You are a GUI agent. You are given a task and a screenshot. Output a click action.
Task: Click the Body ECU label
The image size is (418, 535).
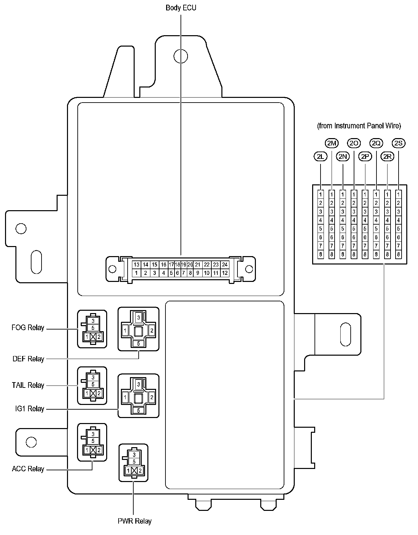pos(181,8)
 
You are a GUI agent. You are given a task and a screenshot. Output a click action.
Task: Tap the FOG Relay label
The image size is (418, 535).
pos(28,328)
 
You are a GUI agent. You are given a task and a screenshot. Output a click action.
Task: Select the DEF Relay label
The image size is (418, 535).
pos(28,359)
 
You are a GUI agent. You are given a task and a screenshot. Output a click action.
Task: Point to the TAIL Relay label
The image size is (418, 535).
pos(28,385)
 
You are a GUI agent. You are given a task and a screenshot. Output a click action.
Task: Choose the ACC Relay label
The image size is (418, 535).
pos(28,469)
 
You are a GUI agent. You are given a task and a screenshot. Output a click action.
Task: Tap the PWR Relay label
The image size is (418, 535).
pos(135,521)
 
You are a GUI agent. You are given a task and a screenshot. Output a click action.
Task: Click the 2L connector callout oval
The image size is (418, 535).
pos(321,157)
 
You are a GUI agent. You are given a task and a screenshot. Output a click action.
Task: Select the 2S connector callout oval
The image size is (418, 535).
pos(399,143)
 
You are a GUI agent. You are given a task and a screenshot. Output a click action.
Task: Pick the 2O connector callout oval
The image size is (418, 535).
pos(354,143)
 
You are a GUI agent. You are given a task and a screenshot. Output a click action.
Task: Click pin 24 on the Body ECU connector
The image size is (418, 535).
pos(224,265)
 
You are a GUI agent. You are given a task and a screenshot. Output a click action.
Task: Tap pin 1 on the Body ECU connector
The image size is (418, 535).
pos(136,273)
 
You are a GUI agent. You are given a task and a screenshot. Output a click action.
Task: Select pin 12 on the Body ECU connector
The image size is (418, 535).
pos(225,273)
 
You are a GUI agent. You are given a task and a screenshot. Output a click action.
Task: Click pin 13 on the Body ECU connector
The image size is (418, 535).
pos(136,265)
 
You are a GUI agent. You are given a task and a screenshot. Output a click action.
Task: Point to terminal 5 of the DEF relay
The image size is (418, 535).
pos(138,343)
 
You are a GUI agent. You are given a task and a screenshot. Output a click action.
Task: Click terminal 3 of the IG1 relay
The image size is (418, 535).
pos(138,384)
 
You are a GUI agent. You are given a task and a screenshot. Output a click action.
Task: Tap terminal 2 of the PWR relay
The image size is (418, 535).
pos(140,471)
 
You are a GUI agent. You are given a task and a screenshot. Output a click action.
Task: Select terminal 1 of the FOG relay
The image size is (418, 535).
pos(87,337)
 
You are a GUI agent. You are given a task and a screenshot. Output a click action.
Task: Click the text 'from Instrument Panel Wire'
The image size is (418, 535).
pos(359,126)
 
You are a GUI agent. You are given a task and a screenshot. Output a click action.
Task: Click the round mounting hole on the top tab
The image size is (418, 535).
pos(181,56)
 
